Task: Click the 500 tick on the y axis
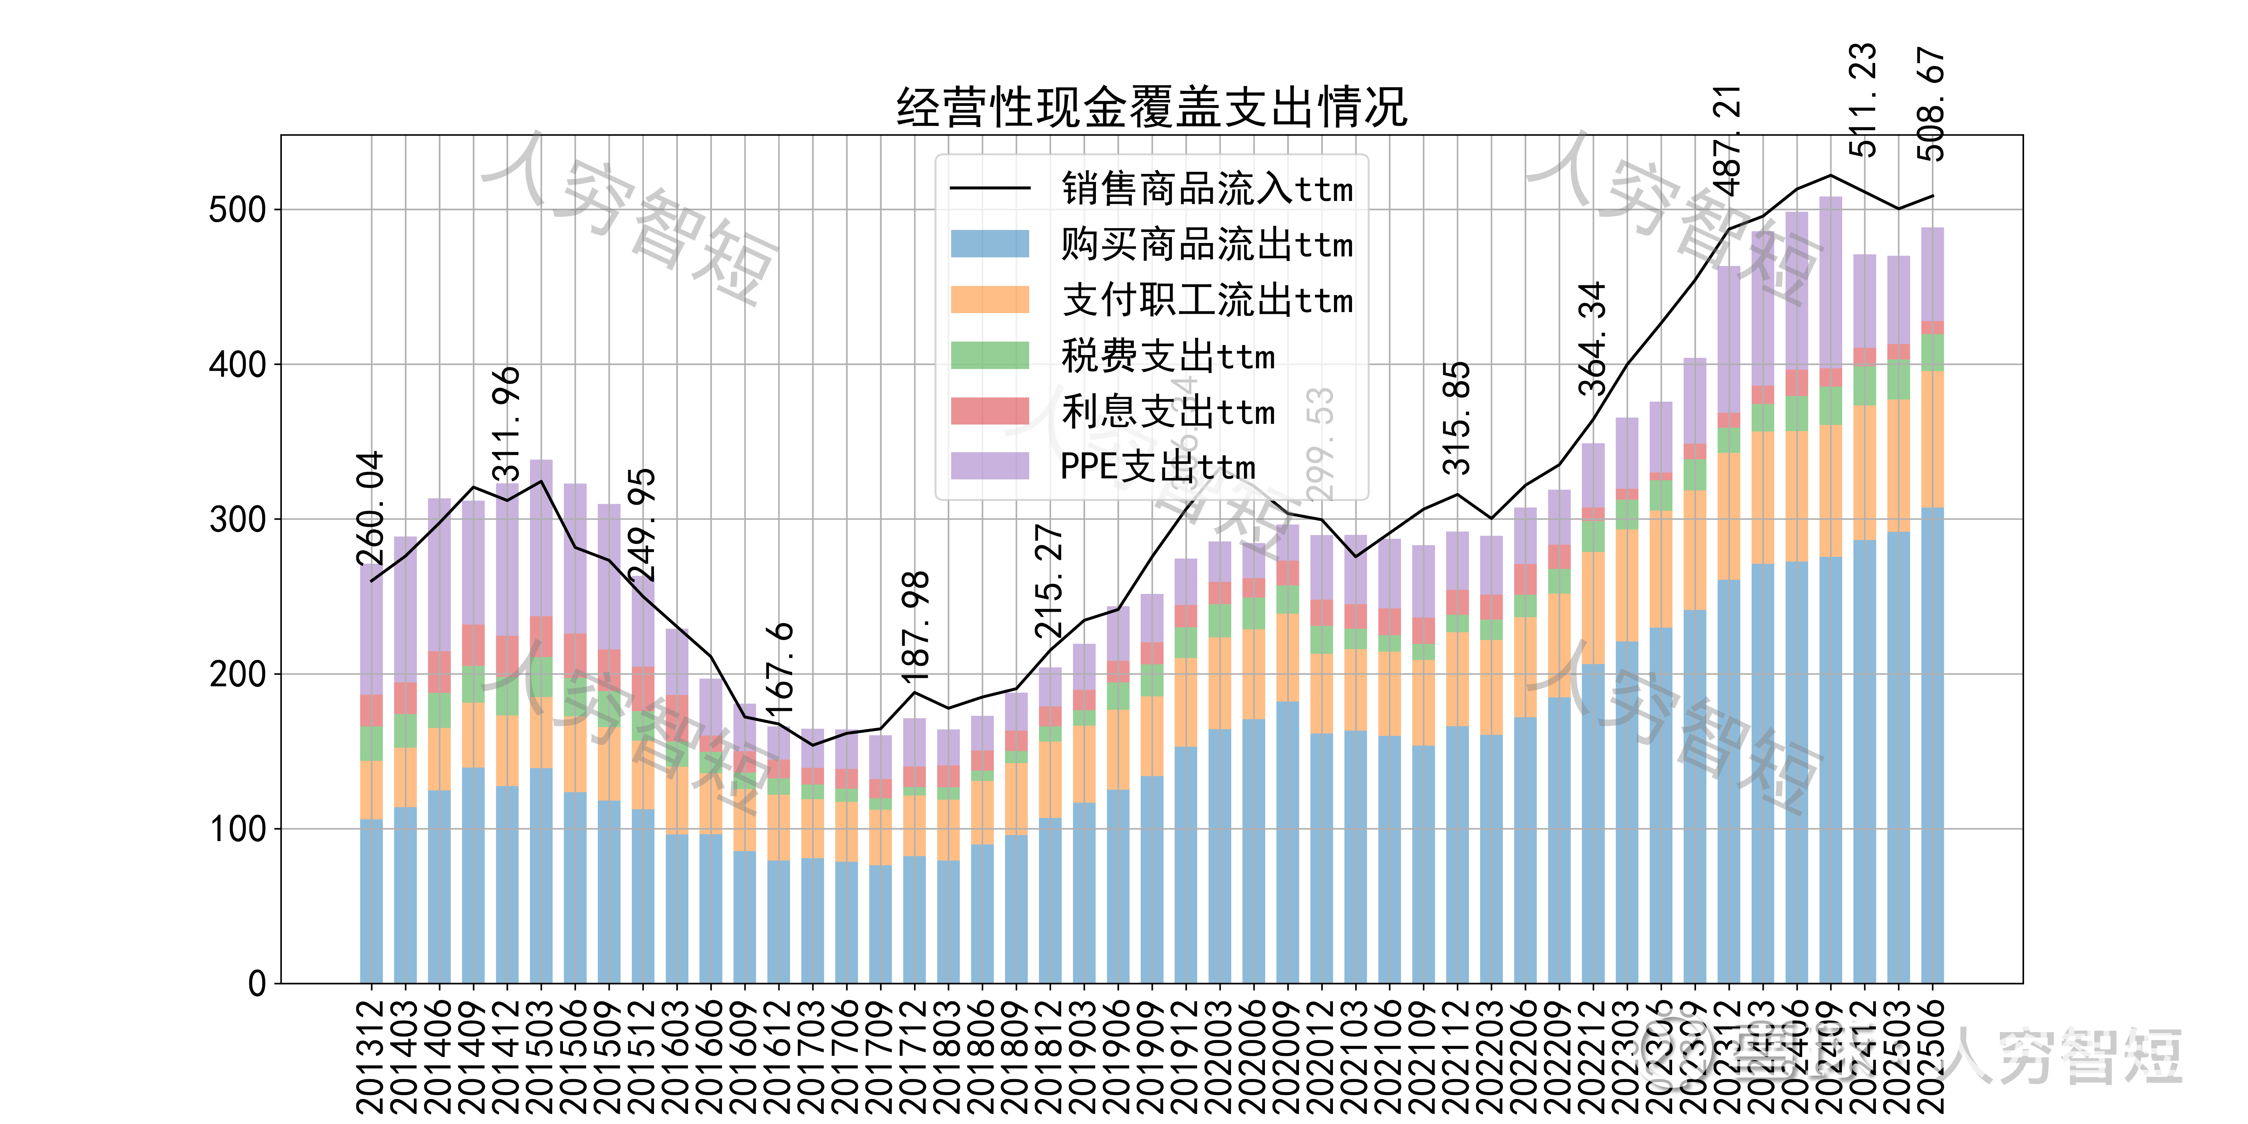237,210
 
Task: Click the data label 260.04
370,509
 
